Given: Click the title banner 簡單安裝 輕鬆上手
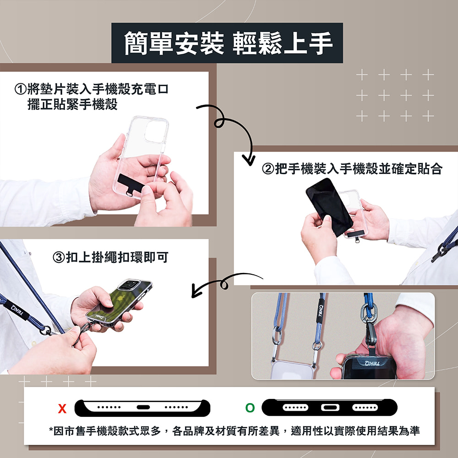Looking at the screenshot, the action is [227, 43].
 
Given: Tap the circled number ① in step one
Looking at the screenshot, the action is [21, 89].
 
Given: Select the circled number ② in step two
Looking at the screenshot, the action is [268, 169].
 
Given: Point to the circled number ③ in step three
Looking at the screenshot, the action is [59, 257].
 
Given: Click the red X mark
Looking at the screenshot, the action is [62, 409].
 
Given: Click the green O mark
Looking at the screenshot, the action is [250, 408].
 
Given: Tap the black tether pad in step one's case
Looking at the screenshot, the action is [131, 184].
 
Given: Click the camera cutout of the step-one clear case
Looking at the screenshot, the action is [156, 131].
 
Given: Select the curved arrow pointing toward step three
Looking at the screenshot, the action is [225, 284].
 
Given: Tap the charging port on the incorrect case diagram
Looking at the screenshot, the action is [143, 407].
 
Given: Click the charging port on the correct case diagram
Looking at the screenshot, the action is [330, 408].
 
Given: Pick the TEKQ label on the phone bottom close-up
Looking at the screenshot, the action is [372, 363].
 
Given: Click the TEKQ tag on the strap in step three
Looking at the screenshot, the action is [17, 310].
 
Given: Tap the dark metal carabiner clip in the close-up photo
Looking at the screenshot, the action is [370, 333].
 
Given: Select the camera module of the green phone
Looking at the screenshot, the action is [131, 284].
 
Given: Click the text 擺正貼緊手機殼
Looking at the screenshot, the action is [72, 104].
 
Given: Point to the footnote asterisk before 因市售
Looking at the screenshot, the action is [51, 430].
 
